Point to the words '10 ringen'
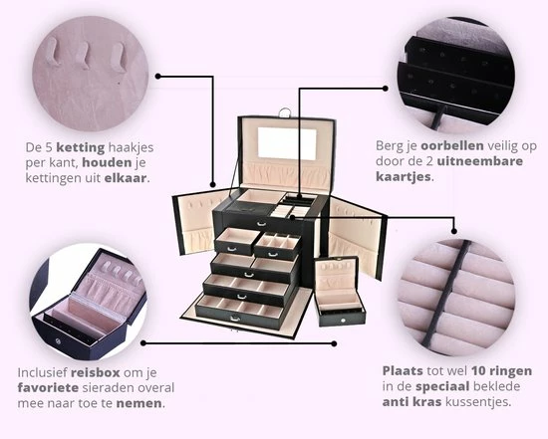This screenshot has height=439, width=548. coord(485,370)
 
